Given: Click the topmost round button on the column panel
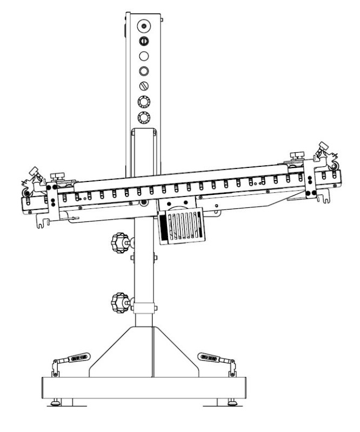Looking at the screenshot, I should pos(143,25).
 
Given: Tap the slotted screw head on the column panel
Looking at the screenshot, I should pos(144,85).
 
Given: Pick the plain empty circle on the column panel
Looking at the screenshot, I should pos(144,55).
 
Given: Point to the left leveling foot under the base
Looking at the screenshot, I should pos(55,402).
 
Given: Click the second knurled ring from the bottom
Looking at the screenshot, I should pos(144,101).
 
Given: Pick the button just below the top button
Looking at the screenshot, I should pos(144,40).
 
